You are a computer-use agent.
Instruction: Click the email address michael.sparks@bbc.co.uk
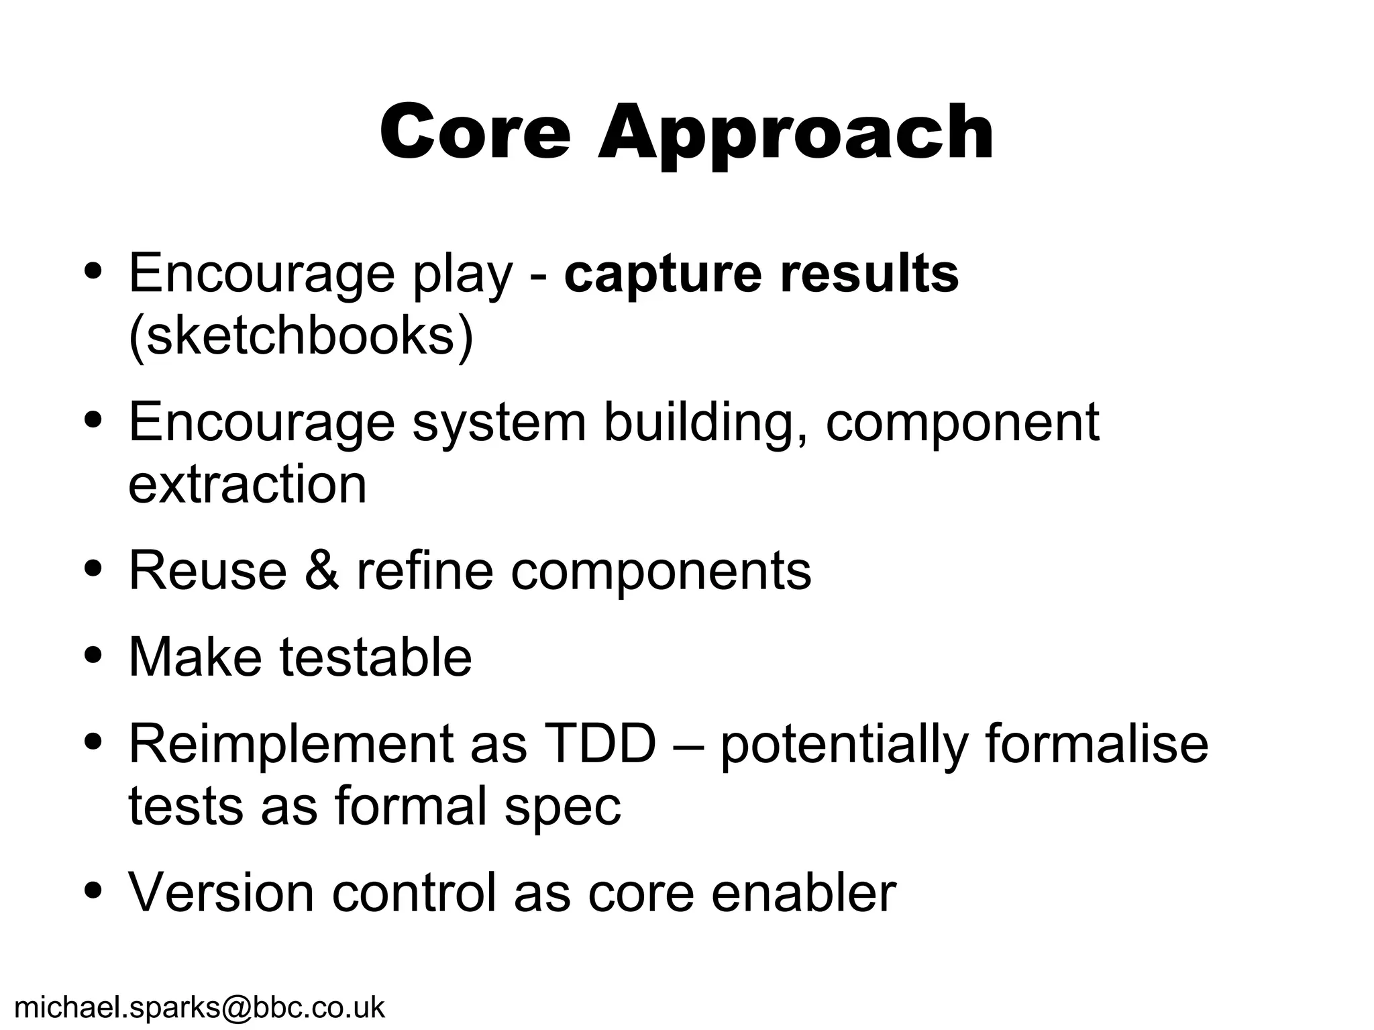tap(199, 1007)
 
